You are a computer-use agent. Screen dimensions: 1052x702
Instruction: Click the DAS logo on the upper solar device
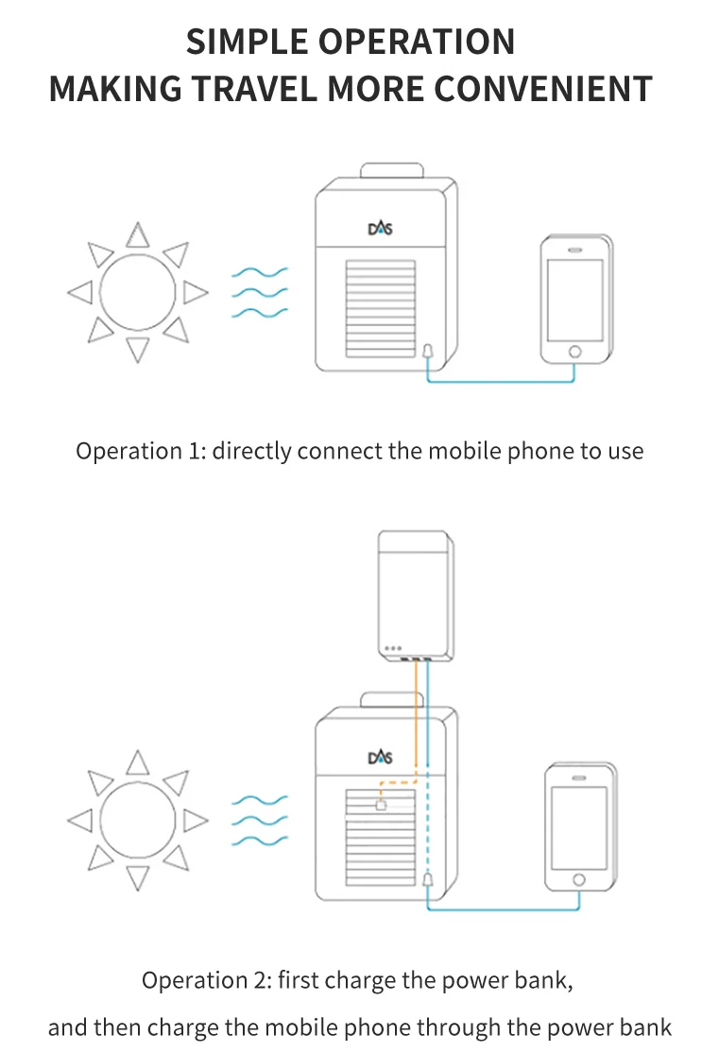point(379,228)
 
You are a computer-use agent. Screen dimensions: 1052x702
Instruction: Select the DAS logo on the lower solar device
point(379,757)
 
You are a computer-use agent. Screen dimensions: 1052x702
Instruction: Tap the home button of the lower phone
point(579,880)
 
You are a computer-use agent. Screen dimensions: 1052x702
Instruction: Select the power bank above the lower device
point(416,595)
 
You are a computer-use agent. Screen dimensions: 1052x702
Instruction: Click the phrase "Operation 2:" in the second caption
point(206,980)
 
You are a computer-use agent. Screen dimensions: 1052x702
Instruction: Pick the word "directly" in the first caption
point(251,451)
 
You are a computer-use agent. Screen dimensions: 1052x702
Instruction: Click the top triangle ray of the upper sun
point(139,233)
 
